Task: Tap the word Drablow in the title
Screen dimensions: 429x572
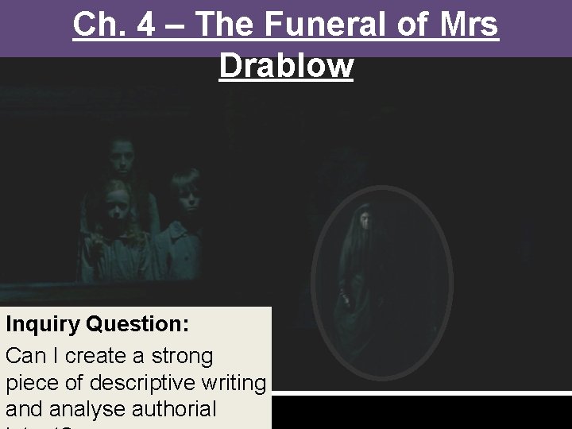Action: pos(286,65)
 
